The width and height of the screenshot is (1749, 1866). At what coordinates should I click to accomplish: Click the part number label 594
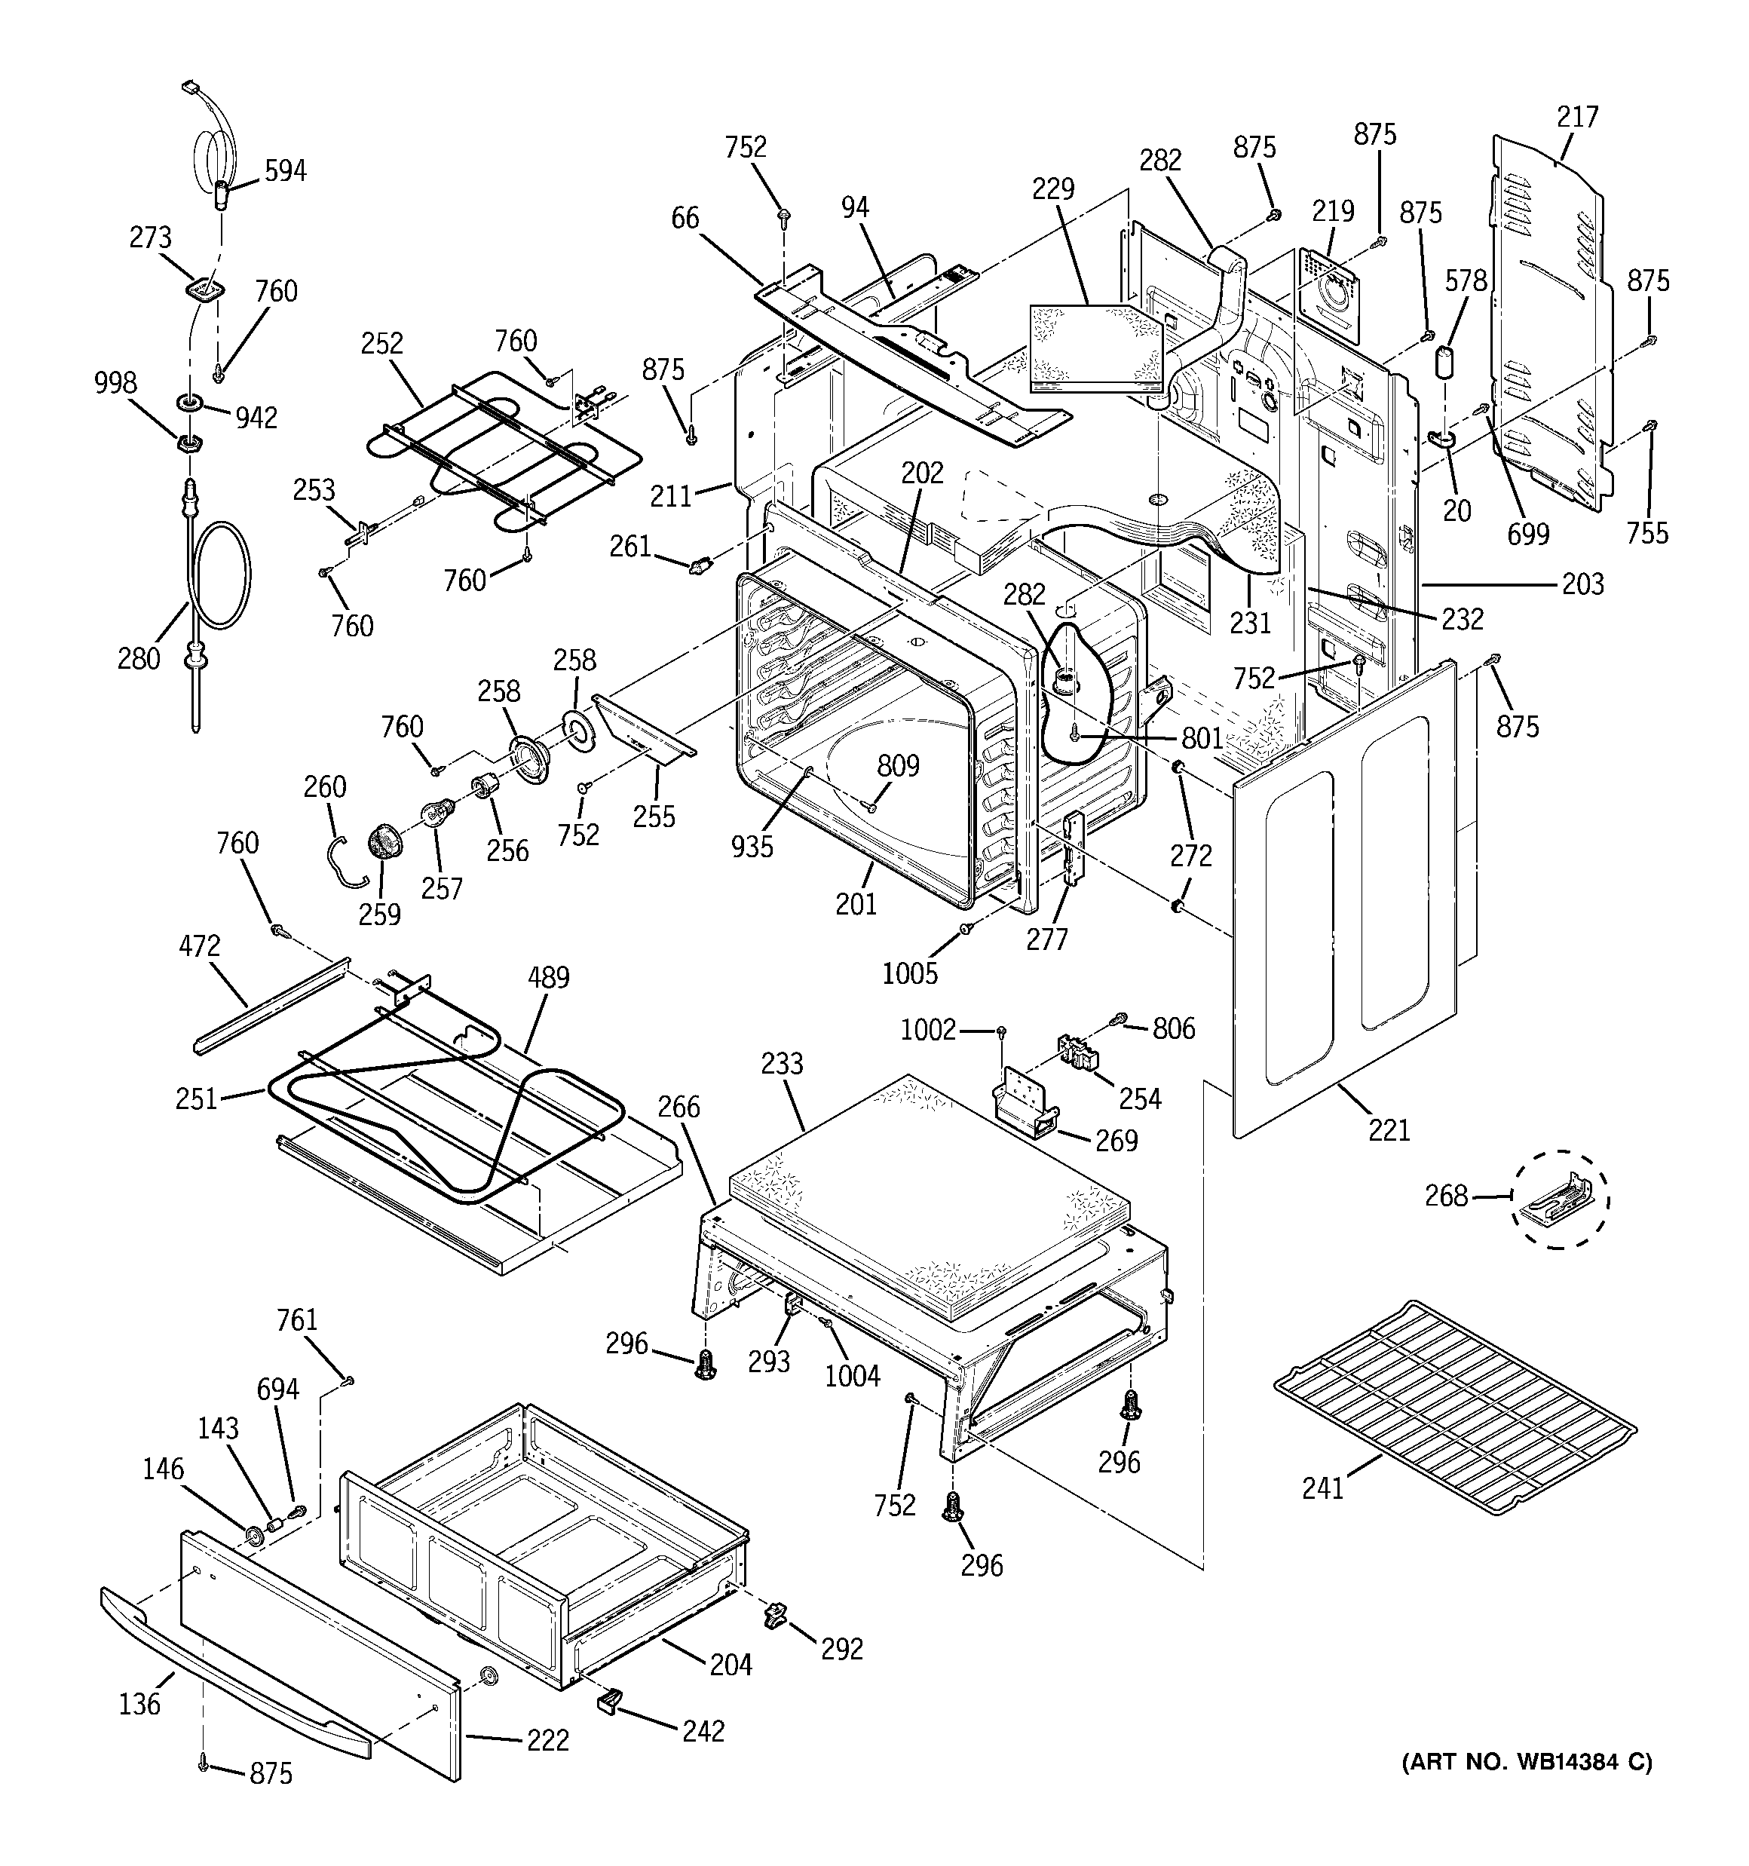click(x=284, y=171)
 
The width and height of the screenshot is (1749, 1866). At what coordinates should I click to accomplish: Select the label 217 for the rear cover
click(x=1577, y=118)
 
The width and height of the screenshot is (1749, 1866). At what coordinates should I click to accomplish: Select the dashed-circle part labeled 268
click(x=1558, y=1200)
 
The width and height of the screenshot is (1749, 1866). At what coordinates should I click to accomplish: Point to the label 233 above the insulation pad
click(x=782, y=1064)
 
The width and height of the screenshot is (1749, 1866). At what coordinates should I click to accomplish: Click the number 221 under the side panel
click(x=1389, y=1129)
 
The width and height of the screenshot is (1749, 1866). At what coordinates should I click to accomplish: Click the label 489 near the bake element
click(x=548, y=977)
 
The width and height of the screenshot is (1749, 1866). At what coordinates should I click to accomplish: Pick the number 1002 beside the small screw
click(x=927, y=1031)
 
